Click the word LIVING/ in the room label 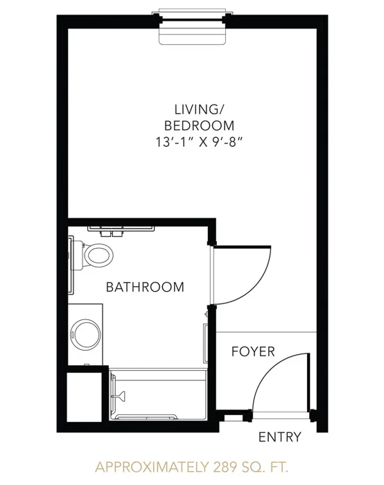(x=199, y=109)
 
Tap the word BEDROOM (x=199, y=126)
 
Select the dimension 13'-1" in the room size (x=173, y=143)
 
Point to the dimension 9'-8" (x=227, y=143)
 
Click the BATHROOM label (x=145, y=287)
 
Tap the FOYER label (x=253, y=351)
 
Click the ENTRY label (x=280, y=437)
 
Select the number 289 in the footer (x=223, y=467)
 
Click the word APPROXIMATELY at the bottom (x=151, y=467)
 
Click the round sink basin (x=85, y=335)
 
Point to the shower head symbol (x=120, y=395)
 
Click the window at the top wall (x=193, y=20)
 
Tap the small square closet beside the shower (x=84, y=397)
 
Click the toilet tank (x=78, y=255)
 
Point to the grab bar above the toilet (x=121, y=229)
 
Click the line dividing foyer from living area (x=266, y=333)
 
